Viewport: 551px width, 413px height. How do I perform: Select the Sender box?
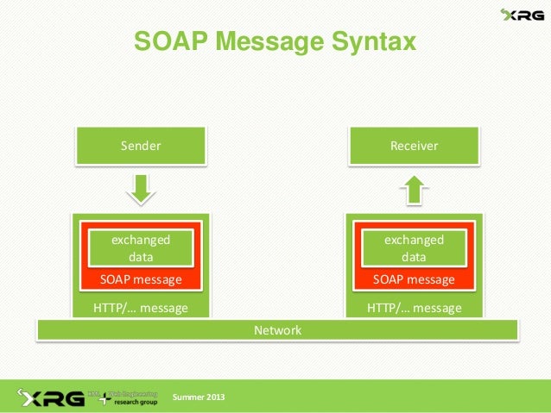pos(141,146)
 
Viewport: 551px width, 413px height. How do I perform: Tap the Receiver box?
pos(414,146)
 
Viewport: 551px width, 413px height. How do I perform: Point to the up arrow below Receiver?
pos(414,188)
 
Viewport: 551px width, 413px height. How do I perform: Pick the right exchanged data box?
pos(414,247)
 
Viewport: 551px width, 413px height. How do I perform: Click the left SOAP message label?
pos(141,279)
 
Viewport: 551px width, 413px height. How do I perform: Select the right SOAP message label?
pos(414,279)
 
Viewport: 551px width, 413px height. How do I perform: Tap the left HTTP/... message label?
pos(140,308)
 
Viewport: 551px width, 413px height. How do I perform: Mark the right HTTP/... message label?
pos(414,308)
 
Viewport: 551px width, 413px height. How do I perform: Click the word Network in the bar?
pos(277,330)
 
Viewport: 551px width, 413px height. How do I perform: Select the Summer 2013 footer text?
pos(199,397)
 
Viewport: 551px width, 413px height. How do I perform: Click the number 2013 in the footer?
pos(213,397)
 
